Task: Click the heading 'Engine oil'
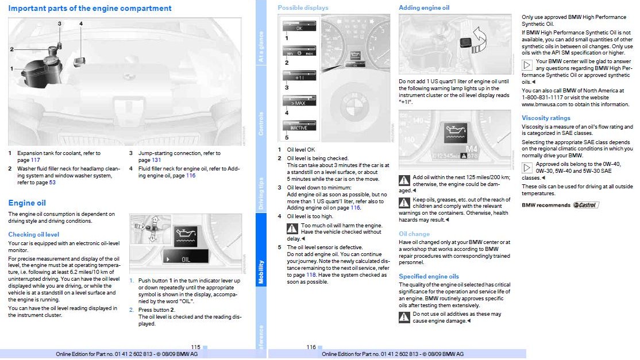pos(27,203)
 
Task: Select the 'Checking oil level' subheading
pos(33,234)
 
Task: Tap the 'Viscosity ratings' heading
pos(546,118)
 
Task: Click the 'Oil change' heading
pos(414,234)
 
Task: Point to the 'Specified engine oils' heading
pos(429,276)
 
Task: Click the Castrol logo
pos(586,205)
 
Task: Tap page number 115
pos(195,347)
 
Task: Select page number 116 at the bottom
pos(311,347)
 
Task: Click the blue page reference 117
pos(36,160)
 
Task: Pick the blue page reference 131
pos(156,160)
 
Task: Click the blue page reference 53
pos(52,182)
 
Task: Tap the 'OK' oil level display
pos(299,26)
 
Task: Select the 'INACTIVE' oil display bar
pos(299,126)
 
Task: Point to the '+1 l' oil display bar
pos(299,76)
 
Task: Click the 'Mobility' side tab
pos(261,272)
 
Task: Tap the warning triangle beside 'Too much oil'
pos(292,229)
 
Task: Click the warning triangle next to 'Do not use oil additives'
pos(404,317)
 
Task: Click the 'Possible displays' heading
pos(303,7)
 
